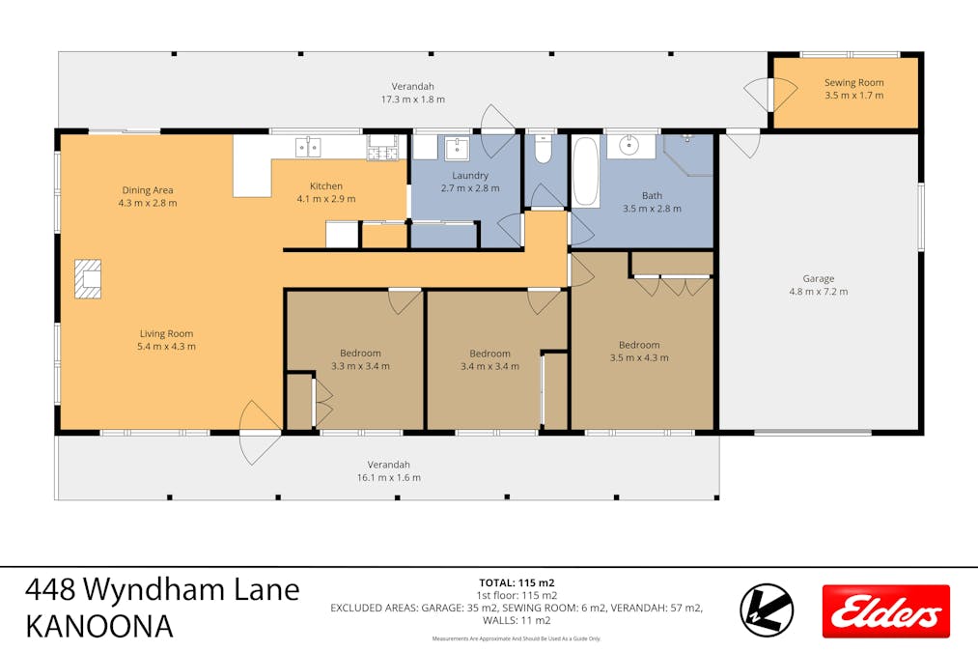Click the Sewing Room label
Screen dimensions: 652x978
(x=853, y=83)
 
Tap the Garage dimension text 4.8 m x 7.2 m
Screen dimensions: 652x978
(x=818, y=291)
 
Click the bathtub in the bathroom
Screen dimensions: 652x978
(x=585, y=171)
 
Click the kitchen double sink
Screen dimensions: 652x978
(x=308, y=147)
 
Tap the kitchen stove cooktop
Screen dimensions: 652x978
(x=382, y=148)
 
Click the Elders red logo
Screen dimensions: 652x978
(x=885, y=611)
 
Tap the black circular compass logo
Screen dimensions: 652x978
(x=767, y=610)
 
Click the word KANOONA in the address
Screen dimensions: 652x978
(x=99, y=626)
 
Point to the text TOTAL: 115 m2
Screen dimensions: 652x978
(x=517, y=582)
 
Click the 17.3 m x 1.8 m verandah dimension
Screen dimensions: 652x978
(x=412, y=99)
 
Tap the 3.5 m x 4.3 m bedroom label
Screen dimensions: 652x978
(x=638, y=357)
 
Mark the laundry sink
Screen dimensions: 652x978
(x=455, y=148)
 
